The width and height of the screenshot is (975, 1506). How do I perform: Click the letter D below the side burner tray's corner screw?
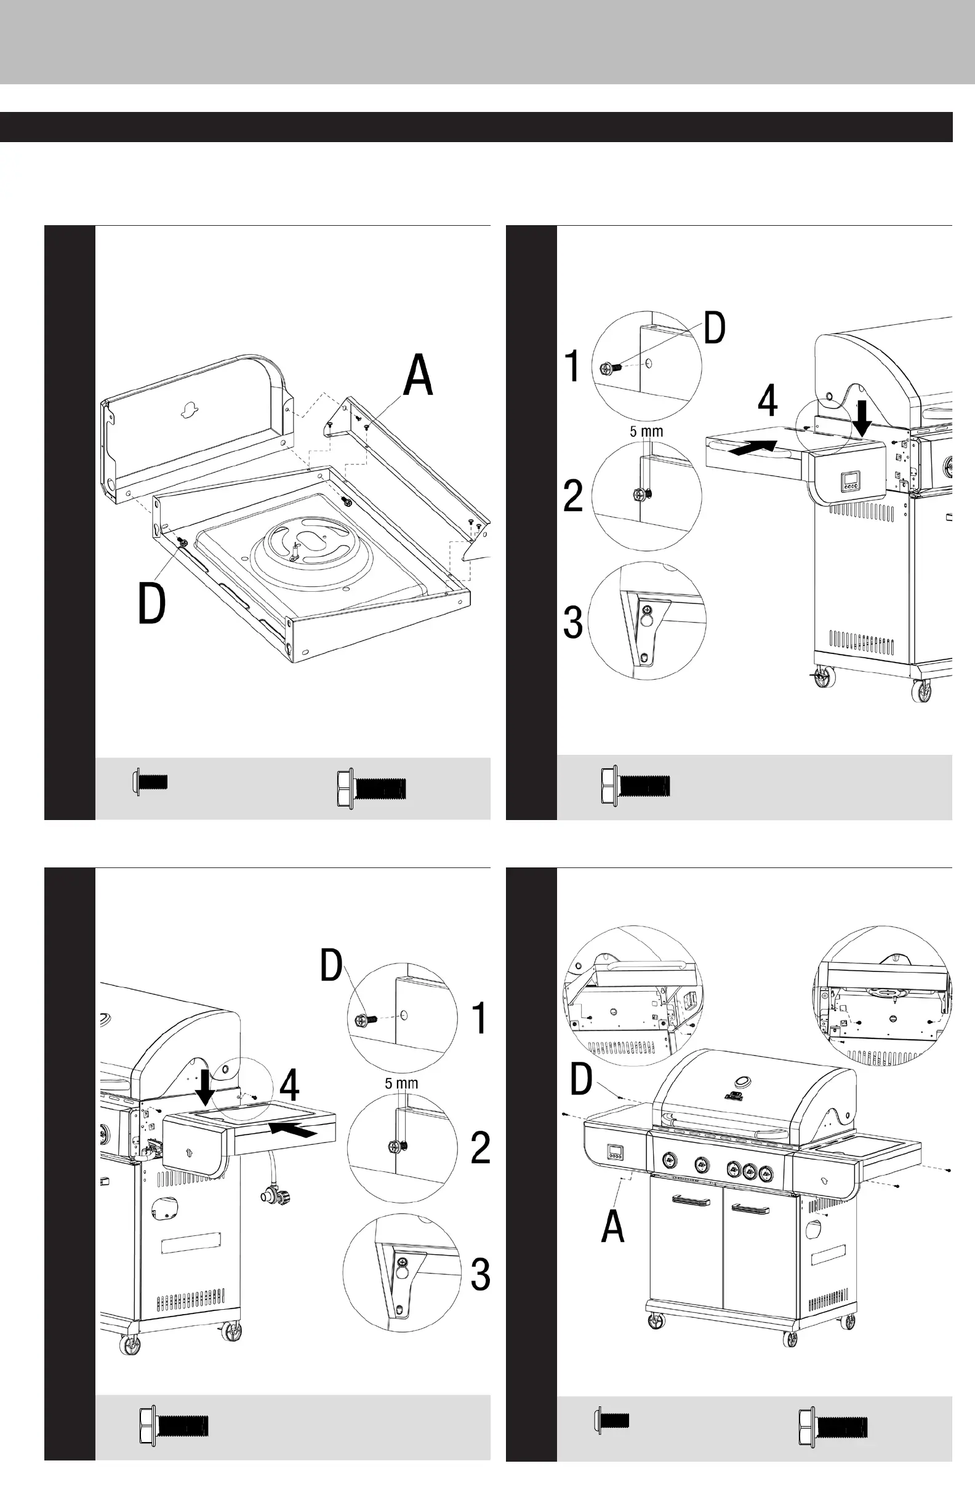pos(152,604)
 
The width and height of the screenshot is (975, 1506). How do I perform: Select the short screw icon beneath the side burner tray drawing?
pos(151,781)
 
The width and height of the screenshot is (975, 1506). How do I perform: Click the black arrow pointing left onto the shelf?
pos(293,1129)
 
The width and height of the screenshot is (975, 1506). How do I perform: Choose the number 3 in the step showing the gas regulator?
pos(481,1275)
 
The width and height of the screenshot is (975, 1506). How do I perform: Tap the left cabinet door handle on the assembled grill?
pos(691,1199)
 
